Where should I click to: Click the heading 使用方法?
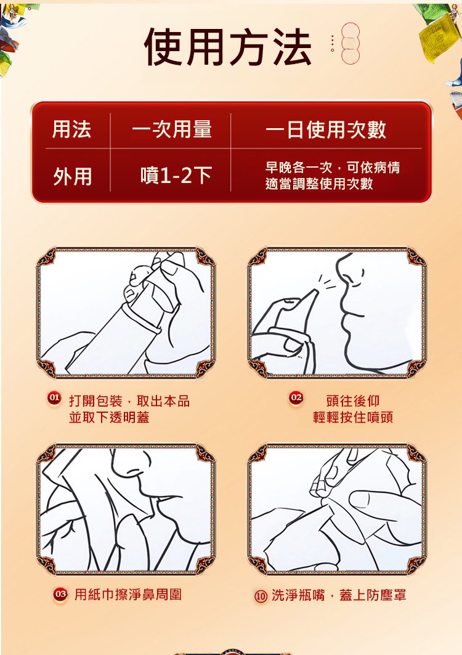(228, 47)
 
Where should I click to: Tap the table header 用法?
(71, 129)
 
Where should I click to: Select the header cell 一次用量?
(172, 129)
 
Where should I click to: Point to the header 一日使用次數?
(326, 129)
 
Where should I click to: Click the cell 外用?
(72, 176)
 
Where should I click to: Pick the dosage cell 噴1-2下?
(176, 175)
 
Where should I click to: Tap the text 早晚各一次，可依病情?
(333, 168)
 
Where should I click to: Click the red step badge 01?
(54, 397)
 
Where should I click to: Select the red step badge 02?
(296, 397)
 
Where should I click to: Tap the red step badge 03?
(60, 594)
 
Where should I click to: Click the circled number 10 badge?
(261, 596)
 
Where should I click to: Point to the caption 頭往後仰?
(353, 401)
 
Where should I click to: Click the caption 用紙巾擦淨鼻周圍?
(128, 595)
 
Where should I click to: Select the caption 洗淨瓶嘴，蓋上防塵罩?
(339, 595)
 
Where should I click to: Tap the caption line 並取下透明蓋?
(109, 417)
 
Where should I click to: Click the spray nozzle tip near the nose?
(316, 291)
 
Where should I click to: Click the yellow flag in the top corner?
(434, 37)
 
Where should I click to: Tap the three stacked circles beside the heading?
(350, 44)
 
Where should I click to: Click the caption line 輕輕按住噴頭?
(353, 417)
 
